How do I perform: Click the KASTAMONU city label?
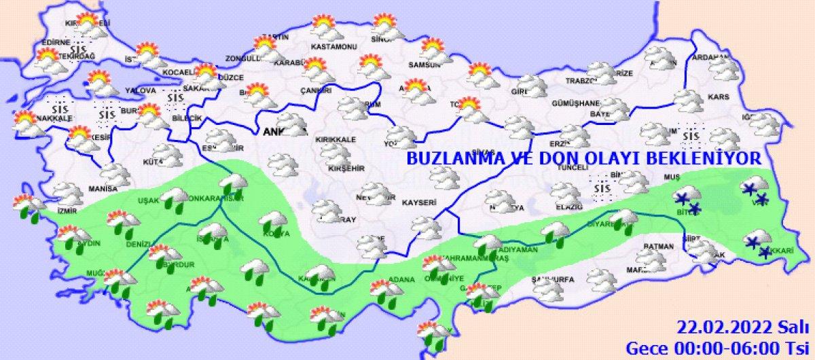pyautogui.click(x=329, y=47)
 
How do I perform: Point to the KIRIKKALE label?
pyautogui.click(x=334, y=139)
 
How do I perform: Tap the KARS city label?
pyautogui.click(x=718, y=98)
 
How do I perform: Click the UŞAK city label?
pyautogui.click(x=148, y=201)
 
